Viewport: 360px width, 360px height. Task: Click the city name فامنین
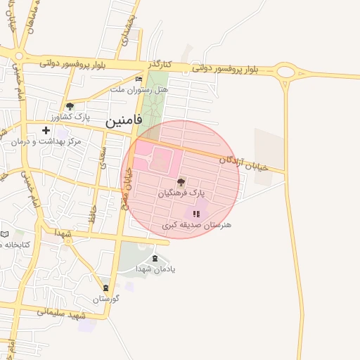(124, 120)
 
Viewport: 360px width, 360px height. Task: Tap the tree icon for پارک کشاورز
(70, 105)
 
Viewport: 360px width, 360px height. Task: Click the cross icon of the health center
(46, 130)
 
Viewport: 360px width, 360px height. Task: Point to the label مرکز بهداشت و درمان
(46, 141)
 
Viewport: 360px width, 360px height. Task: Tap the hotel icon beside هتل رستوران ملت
(139, 79)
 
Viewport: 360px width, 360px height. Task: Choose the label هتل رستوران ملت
(136, 90)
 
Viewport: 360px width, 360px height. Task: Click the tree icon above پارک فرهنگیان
(181, 181)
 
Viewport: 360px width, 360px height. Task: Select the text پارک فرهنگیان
(181, 191)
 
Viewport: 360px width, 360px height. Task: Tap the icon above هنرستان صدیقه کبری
(197, 214)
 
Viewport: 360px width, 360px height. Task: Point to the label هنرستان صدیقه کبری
(196, 225)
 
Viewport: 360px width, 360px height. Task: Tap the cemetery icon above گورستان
(105, 288)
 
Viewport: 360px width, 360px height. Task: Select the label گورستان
(105, 299)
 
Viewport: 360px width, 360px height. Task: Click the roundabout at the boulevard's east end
(285, 72)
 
